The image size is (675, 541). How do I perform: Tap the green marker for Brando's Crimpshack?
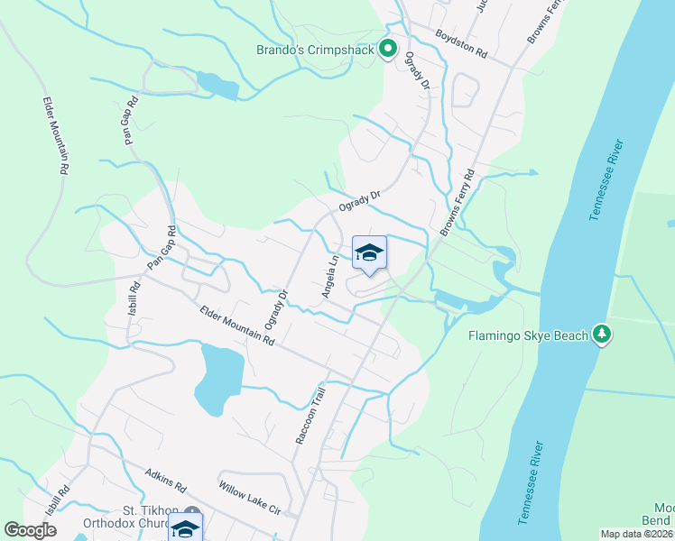(x=389, y=49)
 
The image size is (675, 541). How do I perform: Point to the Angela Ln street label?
(x=330, y=277)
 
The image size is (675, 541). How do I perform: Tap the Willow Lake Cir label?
(x=251, y=497)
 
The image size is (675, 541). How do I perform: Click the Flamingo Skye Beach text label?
(x=528, y=336)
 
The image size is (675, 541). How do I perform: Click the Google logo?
(x=30, y=530)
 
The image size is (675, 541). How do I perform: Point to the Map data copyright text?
(x=637, y=534)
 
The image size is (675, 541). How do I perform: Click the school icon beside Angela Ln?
(x=369, y=252)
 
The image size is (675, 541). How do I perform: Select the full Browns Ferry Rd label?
(x=458, y=205)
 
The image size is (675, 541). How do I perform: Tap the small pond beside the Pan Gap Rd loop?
(x=217, y=84)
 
